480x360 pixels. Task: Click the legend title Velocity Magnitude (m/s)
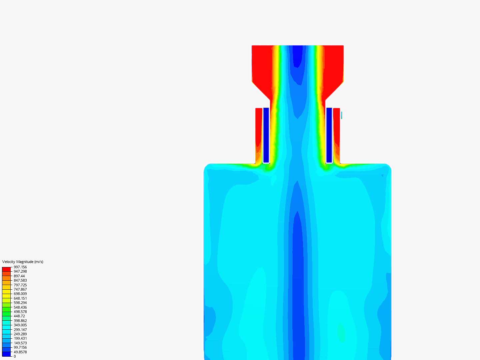click(23, 262)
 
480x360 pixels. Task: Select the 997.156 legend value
click(20, 267)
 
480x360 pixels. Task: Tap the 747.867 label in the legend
click(20, 289)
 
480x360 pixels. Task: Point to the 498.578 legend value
click(20, 312)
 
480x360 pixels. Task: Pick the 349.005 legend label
click(20, 325)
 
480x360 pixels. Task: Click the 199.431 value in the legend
click(20, 338)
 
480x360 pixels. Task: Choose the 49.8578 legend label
click(20, 352)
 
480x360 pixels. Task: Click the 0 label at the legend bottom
click(15, 356)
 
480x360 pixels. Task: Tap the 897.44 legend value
click(19, 276)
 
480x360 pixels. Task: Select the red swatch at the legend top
click(6, 269)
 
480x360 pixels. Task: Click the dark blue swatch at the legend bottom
click(6, 354)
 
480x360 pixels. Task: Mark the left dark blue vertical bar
click(266, 135)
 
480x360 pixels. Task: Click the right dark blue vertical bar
click(329, 135)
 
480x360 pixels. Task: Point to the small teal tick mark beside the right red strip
click(342, 115)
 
